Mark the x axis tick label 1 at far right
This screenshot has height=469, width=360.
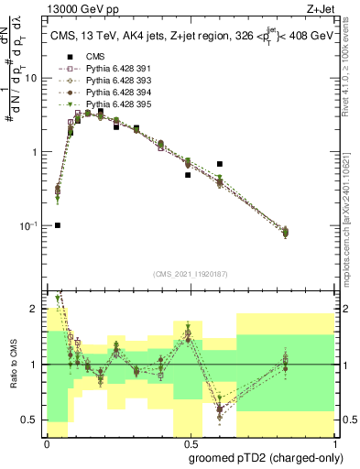pos(332,443)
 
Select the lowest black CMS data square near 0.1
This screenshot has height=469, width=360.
pos(57,225)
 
